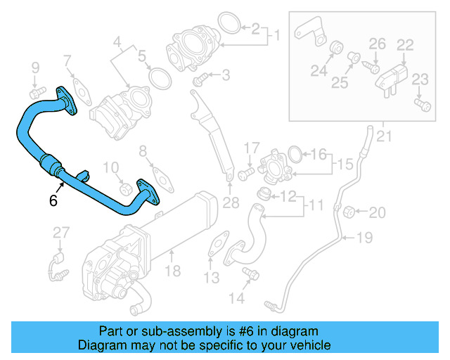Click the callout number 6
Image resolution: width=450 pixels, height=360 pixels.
tap(53, 200)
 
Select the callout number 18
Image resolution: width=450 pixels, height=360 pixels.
tap(172, 270)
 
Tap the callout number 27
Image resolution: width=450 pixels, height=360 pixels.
tap(61, 233)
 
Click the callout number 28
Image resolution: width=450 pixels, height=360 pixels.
tap(231, 204)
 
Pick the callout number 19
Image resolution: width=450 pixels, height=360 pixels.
tap(364, 238)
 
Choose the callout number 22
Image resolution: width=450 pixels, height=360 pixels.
tap(404, 45)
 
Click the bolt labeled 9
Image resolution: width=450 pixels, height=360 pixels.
tap(36, 91)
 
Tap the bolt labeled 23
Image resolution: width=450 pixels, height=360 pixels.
tap(421, 105)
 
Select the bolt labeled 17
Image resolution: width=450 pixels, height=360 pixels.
tap(245, 171)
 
